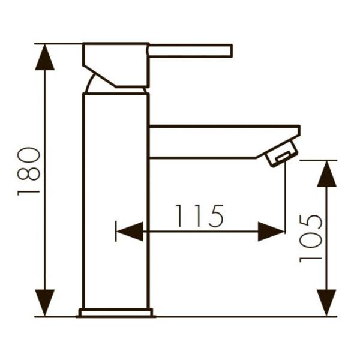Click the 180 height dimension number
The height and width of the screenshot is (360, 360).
(x=28, y=172)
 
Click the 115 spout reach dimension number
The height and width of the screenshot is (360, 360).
(x=199, y=216)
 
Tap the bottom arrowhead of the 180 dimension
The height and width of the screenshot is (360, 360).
(x=45, y=303)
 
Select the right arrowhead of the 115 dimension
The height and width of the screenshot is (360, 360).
(x=271, y=231)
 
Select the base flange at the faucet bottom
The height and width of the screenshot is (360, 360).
(x=116, y=312)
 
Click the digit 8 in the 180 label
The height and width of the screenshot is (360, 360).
(x=28, y=172)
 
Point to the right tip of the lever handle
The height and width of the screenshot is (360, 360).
(x=230, y=50)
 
